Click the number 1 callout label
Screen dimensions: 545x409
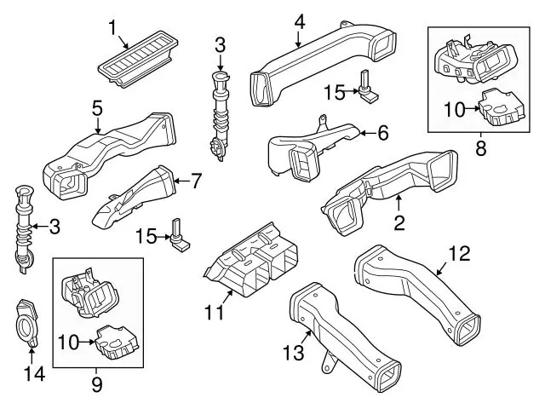tap(112, 27)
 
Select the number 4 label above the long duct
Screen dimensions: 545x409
tap(299, 22)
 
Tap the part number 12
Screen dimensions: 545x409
tap(460, 253)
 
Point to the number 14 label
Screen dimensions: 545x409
tap(34, 374)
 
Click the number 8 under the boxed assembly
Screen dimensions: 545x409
tap(481, 148)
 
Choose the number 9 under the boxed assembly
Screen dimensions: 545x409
tap(97, 384)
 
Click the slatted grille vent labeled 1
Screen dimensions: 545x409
tap(138, 58)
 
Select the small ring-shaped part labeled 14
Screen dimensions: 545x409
tap(26, 323)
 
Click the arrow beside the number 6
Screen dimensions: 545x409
tap(367, 133)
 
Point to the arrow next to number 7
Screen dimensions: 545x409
tap(181, 181)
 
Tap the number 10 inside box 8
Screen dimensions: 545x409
tap(455, 110)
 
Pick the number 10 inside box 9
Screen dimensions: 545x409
tap(69, 342)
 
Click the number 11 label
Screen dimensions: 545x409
tap(215, 312)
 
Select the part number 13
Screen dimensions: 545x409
tap(294, 352)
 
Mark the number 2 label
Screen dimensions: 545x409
tap(399, 222)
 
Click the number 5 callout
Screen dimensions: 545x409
tap(98, 108)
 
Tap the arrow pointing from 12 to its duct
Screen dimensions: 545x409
tap(442, 269)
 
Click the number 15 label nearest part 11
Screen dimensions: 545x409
tap(146, 236)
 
